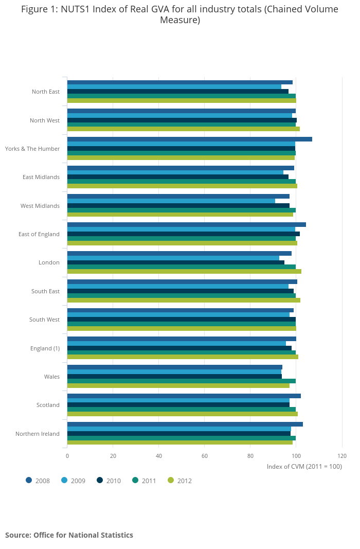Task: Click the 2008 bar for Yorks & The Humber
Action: (189, 139)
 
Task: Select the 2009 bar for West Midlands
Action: (171, 201)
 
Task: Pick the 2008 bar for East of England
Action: (186, 224)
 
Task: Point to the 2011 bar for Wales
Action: (181, 381)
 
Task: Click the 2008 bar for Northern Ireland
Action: (185, 424)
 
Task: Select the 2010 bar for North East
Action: (177, 91)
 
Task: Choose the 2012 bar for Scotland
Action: (182, 414)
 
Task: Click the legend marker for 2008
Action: (29, 481)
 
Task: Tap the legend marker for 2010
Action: (100, 481)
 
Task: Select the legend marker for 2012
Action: (171, 481)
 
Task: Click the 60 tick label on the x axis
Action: (205, 456)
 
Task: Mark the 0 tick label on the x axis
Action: (67, 456)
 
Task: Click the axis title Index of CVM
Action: (304, 466)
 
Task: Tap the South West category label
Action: (44, 320)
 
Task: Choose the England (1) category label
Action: (45, 348)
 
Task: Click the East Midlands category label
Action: (41, 177)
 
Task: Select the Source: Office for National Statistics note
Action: (69, 535)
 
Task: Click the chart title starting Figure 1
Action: (179, 14)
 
